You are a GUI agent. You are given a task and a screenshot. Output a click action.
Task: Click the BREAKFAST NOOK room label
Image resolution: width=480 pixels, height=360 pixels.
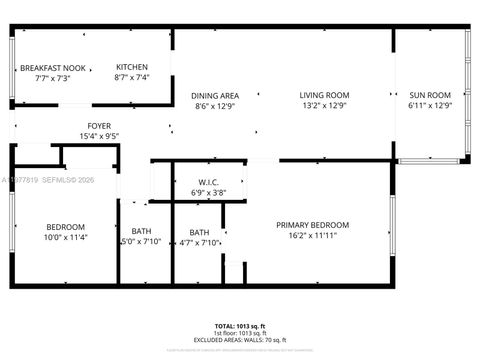pos(53,67)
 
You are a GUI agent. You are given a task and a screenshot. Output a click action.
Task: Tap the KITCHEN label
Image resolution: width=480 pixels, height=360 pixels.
pos(132,67)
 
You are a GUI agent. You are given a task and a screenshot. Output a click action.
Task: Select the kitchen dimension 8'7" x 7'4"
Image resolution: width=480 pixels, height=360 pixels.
pos(132,77)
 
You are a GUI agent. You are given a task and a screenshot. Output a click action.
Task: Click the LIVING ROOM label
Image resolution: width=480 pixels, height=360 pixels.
pos(324,95)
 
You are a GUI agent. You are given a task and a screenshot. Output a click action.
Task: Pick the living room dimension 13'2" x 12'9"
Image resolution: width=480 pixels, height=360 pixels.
pos(324,105)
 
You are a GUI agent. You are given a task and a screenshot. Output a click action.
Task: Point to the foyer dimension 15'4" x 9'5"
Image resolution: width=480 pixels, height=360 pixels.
pos(99,135)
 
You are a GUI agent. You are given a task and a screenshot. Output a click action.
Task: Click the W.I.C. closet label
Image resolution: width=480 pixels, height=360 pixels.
pos(207,181)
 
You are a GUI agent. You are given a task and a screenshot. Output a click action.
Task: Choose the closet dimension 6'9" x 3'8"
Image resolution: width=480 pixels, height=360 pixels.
pos(207,191)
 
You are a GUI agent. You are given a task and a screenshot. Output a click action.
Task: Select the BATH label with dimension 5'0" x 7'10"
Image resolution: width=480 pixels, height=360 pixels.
pos(141,231)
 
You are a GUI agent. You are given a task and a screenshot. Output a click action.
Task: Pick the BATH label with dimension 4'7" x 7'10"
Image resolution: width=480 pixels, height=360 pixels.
pos(199,232)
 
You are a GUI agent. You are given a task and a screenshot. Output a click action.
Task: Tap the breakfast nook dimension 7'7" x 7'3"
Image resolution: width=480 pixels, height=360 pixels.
pos(53,77)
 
